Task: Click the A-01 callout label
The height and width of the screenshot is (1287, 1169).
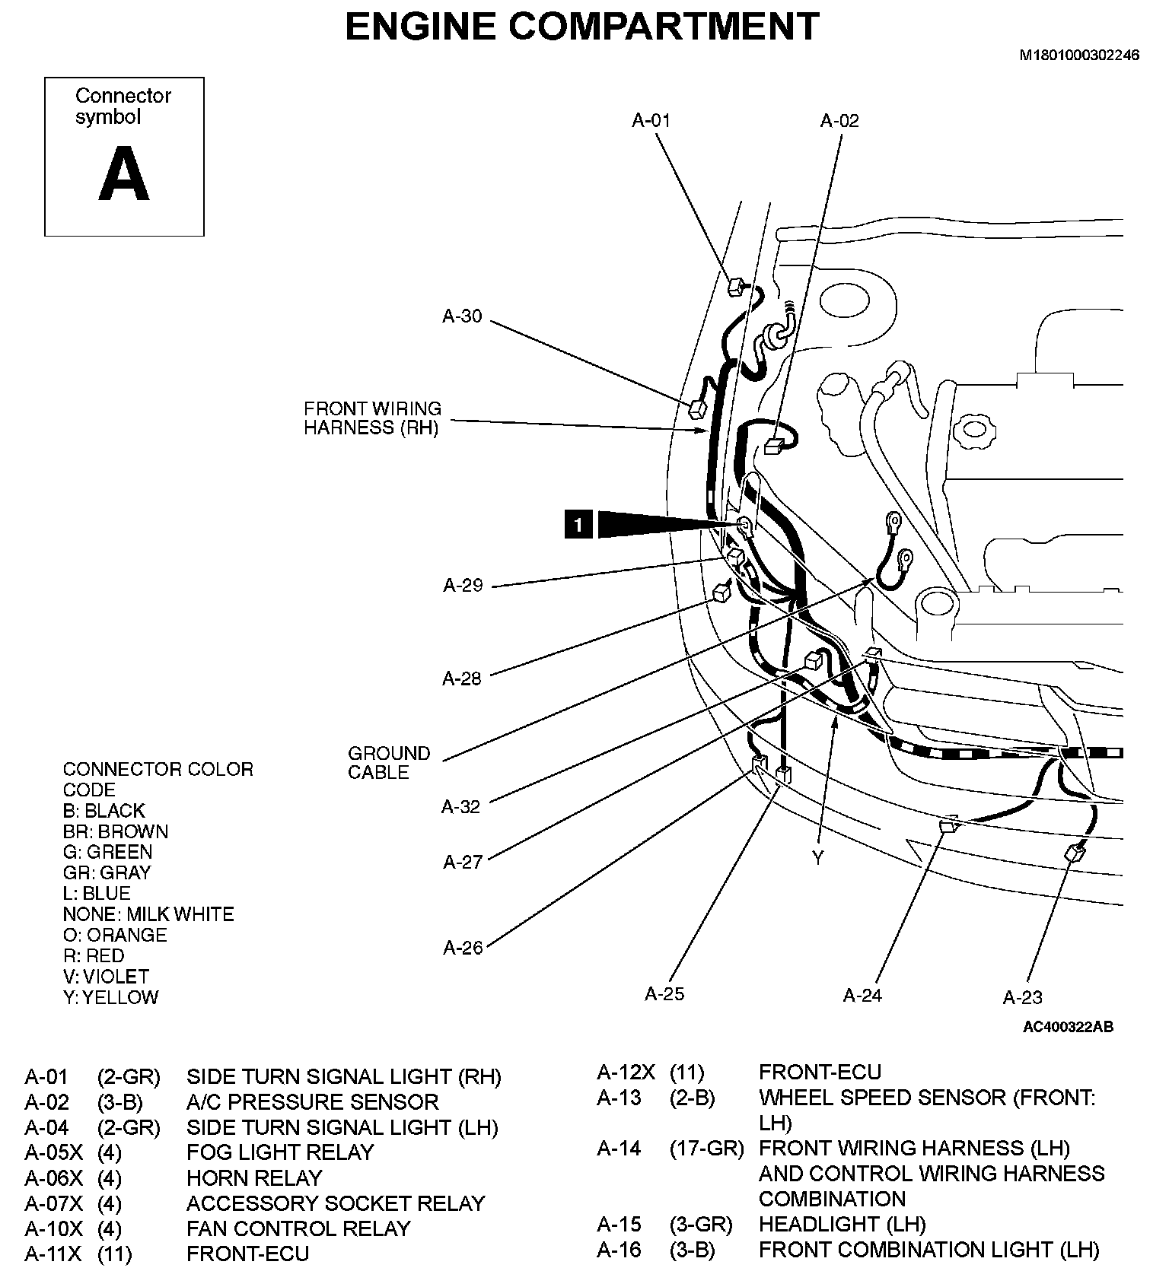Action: pos(651,120)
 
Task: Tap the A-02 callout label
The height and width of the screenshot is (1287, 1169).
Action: pos(839,120)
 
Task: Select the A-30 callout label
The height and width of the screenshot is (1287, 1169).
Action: pos(462,316)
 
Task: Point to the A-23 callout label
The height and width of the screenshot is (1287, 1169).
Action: pos(1022,997)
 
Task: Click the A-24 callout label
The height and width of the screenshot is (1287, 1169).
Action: pos(862,995)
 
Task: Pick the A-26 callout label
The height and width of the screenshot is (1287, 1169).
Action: pos(463,948)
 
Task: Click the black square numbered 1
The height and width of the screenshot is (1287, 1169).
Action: pos(578,525)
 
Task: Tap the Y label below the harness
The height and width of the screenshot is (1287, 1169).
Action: pos(818,859)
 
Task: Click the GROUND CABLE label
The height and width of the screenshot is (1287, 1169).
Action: pos(389,763)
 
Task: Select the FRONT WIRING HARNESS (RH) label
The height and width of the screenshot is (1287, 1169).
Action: pos(372,418)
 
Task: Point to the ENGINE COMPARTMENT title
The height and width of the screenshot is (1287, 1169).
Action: pos(582,27)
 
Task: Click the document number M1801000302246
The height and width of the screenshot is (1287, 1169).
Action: pos(1079,56)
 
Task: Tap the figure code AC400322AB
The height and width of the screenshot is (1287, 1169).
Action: pos(1068,1027)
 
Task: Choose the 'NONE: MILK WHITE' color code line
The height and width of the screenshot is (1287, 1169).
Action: pos(148,914)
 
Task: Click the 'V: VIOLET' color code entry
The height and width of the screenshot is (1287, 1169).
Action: pos(106,977)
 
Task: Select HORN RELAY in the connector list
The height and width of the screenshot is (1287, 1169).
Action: pos(254,1178)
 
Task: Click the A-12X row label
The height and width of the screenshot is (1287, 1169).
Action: pos(626,1072)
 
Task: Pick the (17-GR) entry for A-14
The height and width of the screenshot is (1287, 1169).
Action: pos(706,1148)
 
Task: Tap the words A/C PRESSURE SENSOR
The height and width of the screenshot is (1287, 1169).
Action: pos(312,1102)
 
